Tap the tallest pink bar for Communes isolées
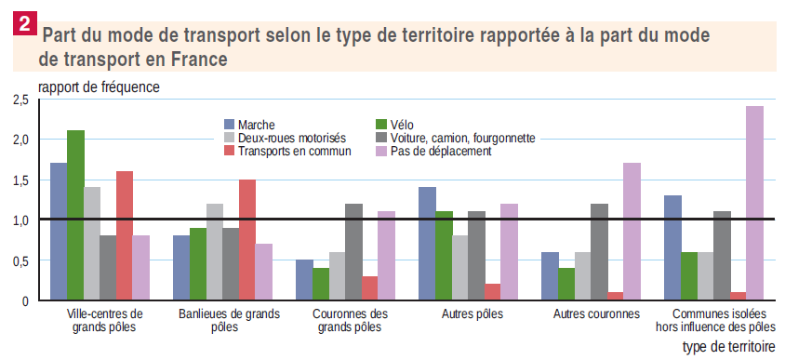tap(754, 204)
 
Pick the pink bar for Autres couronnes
tap(632, 232)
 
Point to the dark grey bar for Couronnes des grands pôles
tap(353, 252)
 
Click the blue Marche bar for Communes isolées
tap(672, 247)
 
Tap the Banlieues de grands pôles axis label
tap(229, 321)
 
